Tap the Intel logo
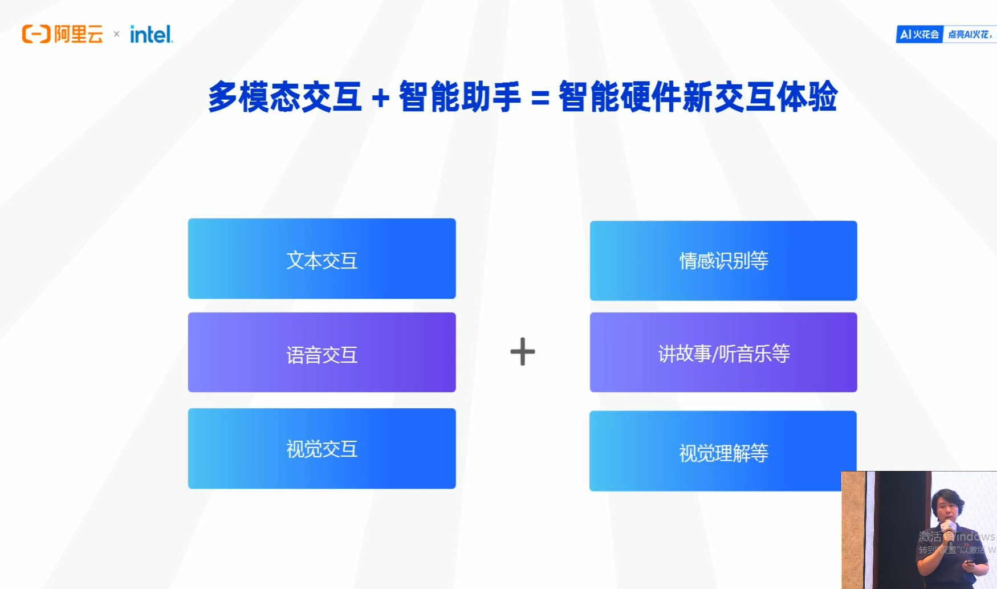pos(151,35)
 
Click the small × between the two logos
pos(116,34)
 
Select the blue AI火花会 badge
pos(919,34)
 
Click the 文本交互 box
pos(322,259)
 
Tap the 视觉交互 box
pos(322,449)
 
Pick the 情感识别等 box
pos(723,261)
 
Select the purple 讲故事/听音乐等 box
pos(723,352)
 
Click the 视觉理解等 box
pos(723,451)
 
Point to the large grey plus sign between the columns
pos(522,352)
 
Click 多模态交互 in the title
pos(284,97)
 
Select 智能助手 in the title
pos(459,97)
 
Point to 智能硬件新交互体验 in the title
pos(698,97)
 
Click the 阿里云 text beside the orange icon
pos(79,34)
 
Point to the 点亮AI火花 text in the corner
pos(969,34)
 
